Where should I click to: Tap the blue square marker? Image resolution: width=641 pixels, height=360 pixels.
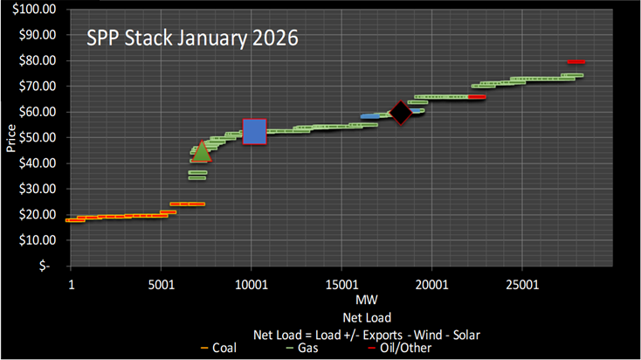tap(254, 131)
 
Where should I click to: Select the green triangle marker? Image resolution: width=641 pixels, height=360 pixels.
tap(202, 151)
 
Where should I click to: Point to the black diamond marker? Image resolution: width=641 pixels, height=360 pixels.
tap(401, 112)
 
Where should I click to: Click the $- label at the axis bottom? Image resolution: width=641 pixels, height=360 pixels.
tap(50, 265)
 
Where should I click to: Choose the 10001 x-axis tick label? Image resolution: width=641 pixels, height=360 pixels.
tap(251, 285)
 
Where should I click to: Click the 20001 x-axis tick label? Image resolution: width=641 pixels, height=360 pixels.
tap(431, 285)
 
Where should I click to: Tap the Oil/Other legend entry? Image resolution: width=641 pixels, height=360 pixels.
tap(424, 348)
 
